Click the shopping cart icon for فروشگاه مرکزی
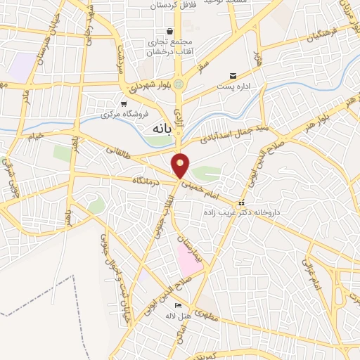point(124,103)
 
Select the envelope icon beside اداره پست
point(233,76)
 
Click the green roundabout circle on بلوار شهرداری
point(179,85)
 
